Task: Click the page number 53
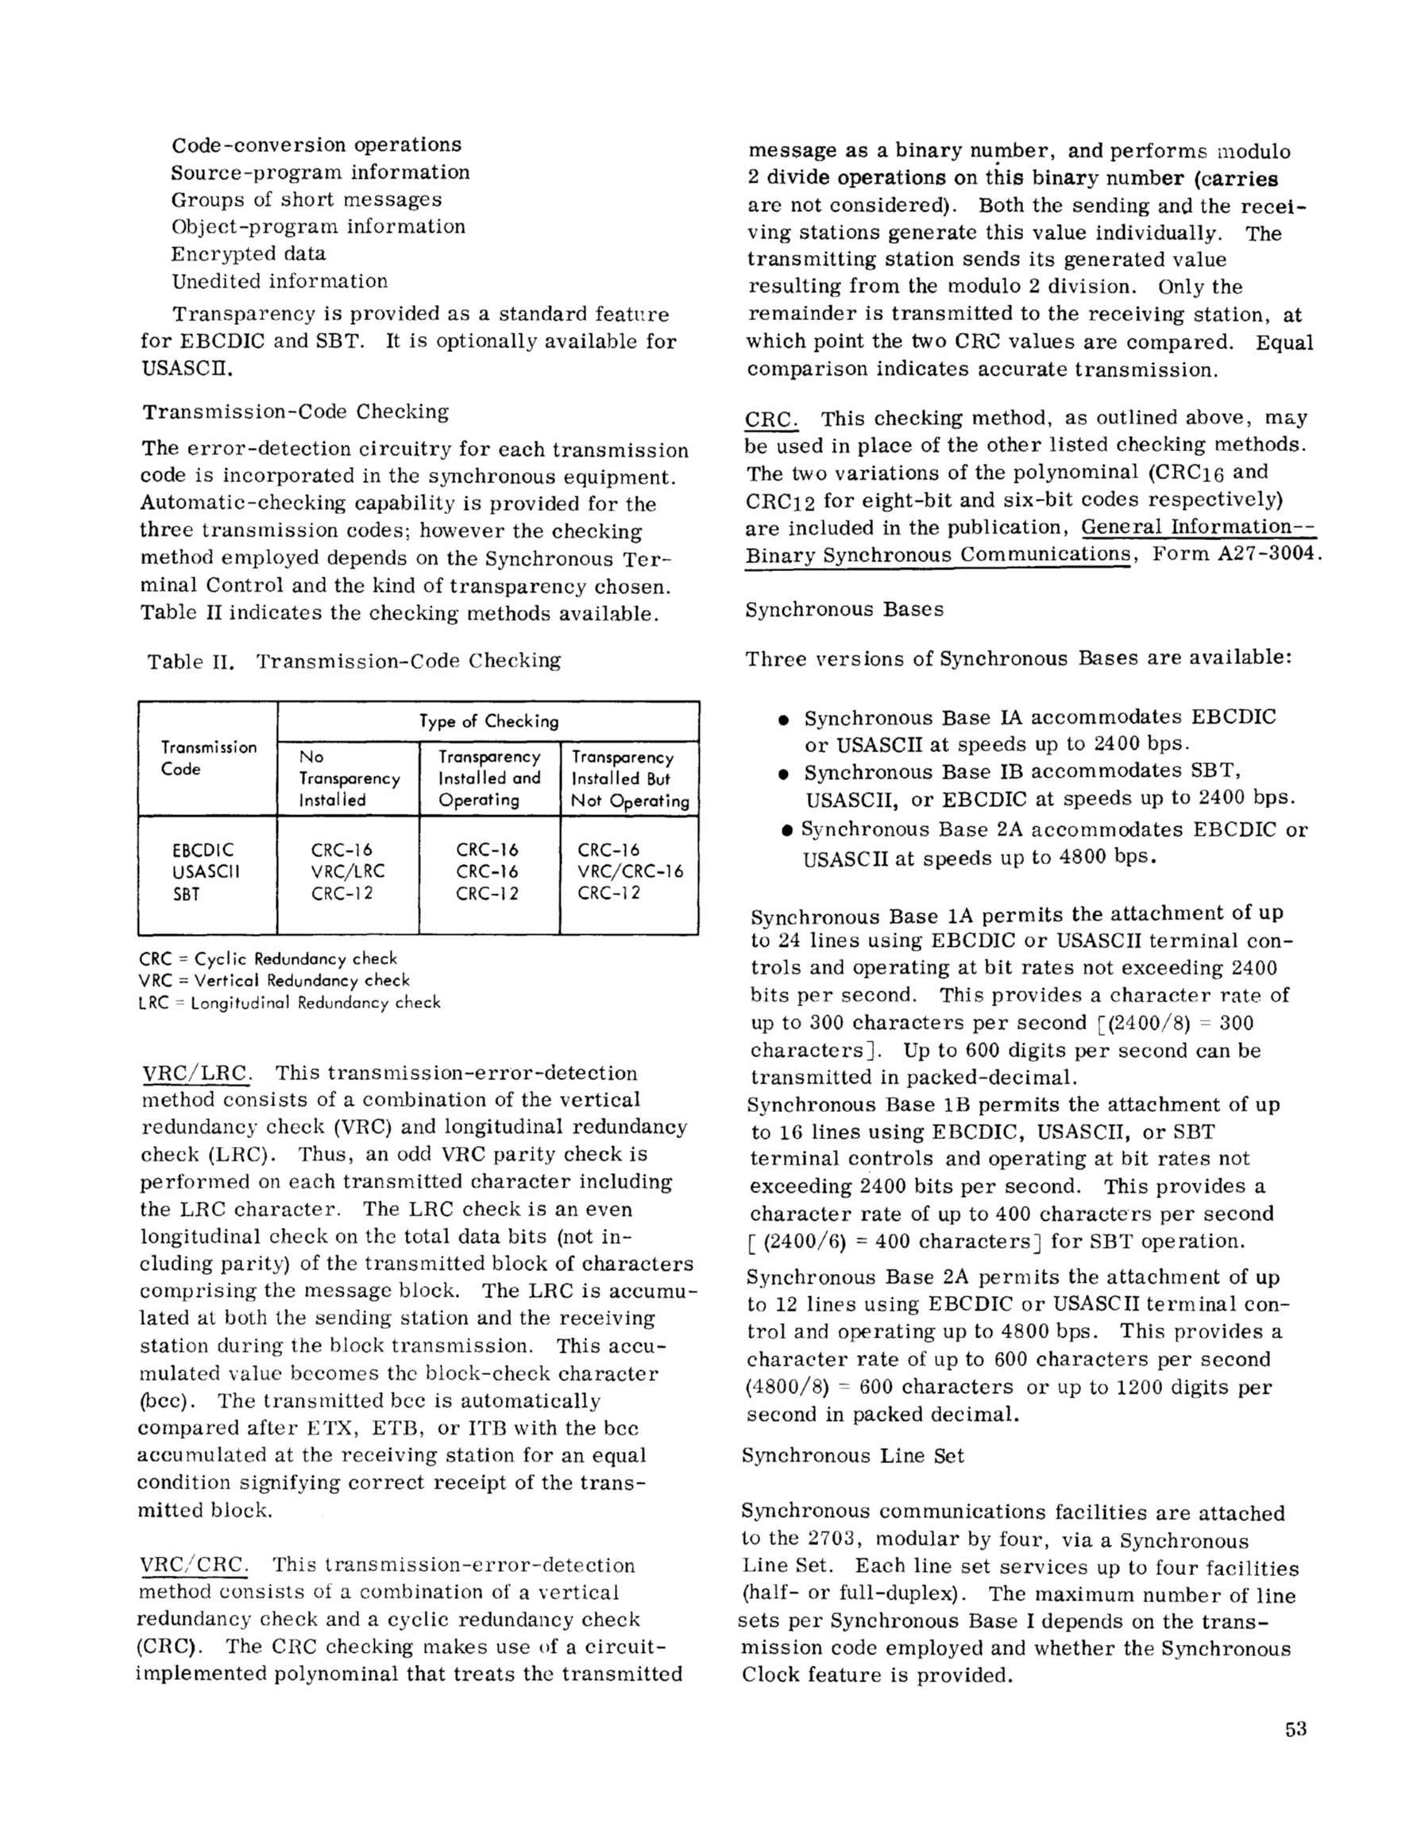tap(1295, 1729)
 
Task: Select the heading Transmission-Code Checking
tap(295, 411)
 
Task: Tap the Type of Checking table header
tap(488, 721)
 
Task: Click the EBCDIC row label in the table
tap(203, 850)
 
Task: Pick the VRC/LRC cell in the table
tap(347, 871)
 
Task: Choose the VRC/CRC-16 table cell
tap(630, 871)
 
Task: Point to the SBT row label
tap(187, 894)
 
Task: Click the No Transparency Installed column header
tap(349, 778)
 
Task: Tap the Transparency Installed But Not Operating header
tap(630, 778)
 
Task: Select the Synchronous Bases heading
tap(844, 610)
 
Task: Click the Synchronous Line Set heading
tap(852, 1455)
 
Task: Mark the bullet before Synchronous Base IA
tap(783, 720)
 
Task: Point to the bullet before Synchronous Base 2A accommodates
tap(787, 832)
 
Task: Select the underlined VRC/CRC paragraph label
tap(192, 1566)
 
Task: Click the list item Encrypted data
tap(249, 253)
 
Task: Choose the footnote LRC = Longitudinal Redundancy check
tap(289, 1002)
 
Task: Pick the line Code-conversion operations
tap(317, 145)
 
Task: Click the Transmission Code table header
tap(208, 758)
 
